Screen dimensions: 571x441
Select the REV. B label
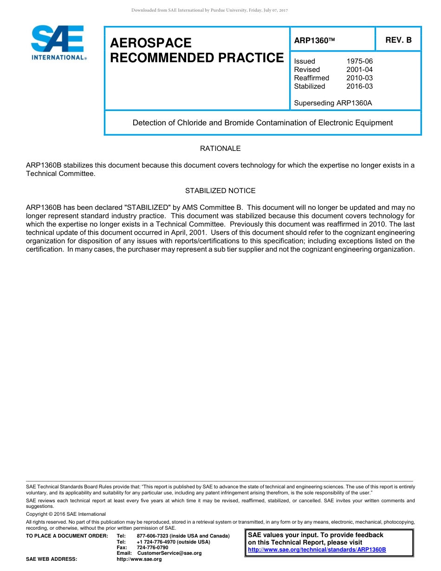pyautogui.click(x=398, y=40)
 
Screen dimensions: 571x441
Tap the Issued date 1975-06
pyautogui.click(x=359, y=61)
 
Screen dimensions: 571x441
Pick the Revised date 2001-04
pyautogui.click(x=359, y=70)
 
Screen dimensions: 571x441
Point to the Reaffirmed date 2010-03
pyautogui.click(x=359, y=78)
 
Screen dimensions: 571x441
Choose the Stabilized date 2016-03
pyautogui.click(x=359, y=86)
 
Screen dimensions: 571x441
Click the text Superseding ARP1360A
pyautogui.click(x=333, y=103)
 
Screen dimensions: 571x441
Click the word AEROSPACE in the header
pyautogui.click(x=151, y=43)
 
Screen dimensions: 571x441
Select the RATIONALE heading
pyautogui.click(x=220, y=149)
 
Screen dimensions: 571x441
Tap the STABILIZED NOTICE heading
pyautogui.click(x=220, y=191)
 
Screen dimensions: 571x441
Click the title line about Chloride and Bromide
pyautogui.click(x=262, y=123)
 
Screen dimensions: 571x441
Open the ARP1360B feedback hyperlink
pyautogui.click(x=317, y=550)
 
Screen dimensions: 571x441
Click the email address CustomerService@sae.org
pyautogui.click(x=169, y=553)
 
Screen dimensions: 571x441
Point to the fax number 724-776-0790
pyautogui.click(x=153, y=547)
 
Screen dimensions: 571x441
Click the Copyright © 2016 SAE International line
pyautogui.click(x=66, y=514)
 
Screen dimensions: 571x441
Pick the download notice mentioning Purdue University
pyautogui.click(x=210, y=10)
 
